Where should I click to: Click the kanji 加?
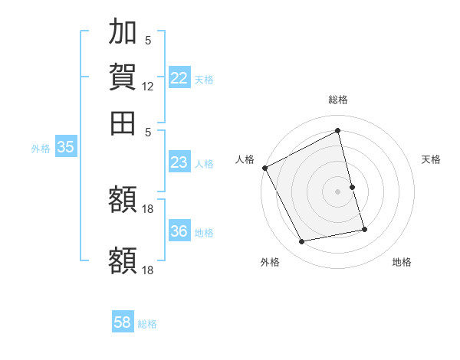[x=123, y=33]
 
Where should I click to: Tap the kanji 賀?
[x=123, y=77]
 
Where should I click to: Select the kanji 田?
[x=123, y=122]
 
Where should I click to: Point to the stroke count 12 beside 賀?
[x=148, y=87]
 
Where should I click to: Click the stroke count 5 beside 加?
[x=148, y=41]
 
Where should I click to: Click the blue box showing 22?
[x=179, y=78]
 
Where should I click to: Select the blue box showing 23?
[x=179, y=162]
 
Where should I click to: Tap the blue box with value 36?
[x=179, y=232]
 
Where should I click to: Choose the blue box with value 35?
[x=66, y=148]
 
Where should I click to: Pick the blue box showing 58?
[x=123, y=322]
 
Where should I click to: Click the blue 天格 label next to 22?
[x=204, y=79]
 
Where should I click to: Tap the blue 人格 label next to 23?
[x=204, y=163]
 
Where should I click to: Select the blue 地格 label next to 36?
[x=204, y=233]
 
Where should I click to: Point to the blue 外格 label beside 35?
[x=41, y=149]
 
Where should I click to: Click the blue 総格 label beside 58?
[x=147, y=323]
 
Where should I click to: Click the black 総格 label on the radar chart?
[x=338, y=100]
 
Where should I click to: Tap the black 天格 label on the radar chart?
[x=432, y=159]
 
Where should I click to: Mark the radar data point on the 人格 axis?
[x=264, y=168]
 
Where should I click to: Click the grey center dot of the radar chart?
[x=338, y=191]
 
